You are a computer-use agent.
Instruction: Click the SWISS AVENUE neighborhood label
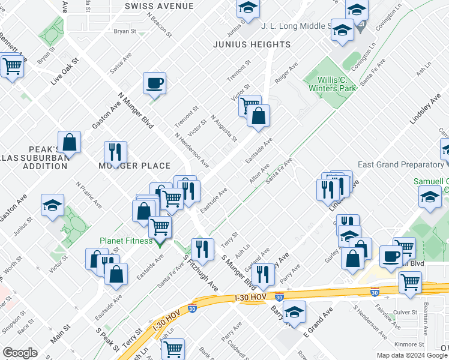pos(159,6)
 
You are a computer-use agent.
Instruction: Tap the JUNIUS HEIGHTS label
pos(252,45)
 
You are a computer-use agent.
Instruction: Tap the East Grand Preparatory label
pos(400,165)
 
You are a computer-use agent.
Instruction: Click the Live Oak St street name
pos(65,71)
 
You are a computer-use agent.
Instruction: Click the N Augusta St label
pos(223,128)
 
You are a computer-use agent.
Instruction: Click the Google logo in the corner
pos(20,352)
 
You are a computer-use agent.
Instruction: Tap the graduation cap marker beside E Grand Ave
pos(294,312)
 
